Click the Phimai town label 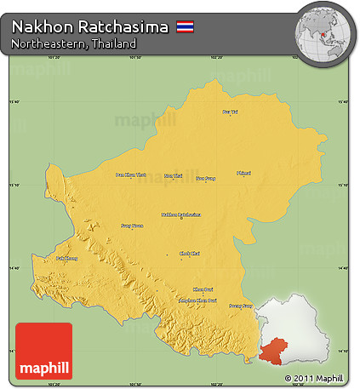(243, 173)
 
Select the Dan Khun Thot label (130, 175)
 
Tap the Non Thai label (173, 175)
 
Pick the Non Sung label (206, 179)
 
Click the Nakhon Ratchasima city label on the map (181, 215)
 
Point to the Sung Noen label (132, 226)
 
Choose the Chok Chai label (190, 253)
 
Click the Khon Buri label (203, 289)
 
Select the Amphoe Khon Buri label (196, 300)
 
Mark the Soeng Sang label (242, 305)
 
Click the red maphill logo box (43, 351)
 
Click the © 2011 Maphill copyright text (314, 377)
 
